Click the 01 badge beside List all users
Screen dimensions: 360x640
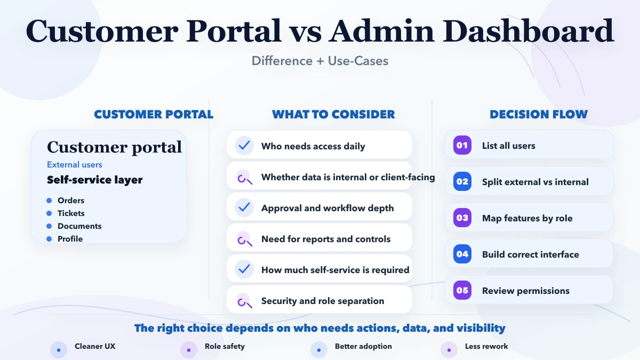tap(462, 146)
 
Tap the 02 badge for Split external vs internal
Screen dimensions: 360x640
tap(462, 182)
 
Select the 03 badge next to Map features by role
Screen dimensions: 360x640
tap(462, 218)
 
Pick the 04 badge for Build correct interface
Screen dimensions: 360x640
tap(462, 254)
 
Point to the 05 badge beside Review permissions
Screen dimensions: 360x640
tap(462, 291)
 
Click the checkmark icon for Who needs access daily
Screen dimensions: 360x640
tap(244, 146)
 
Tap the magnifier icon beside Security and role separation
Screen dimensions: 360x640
tap(244, 301)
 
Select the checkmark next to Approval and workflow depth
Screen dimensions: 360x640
tap(244, 207)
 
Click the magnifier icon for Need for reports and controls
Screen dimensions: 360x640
tap(244, 239)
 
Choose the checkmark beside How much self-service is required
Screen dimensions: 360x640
tap(244, 269)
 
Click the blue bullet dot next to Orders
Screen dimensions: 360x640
tap(49, 201)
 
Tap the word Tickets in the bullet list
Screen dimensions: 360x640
tap(71, 213)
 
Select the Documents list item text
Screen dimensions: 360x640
tap(79, 226)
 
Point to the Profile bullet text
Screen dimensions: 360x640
tap(70, 239)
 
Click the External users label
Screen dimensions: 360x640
tap(75, 165)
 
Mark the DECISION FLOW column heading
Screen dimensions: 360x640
tap(539, 115)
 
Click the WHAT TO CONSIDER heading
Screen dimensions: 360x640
tap(333, 115)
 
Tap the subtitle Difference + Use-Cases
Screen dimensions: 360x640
tap(320, 61)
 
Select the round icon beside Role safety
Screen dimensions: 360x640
tap(189, 350)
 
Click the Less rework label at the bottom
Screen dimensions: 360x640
tap(486, 347)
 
